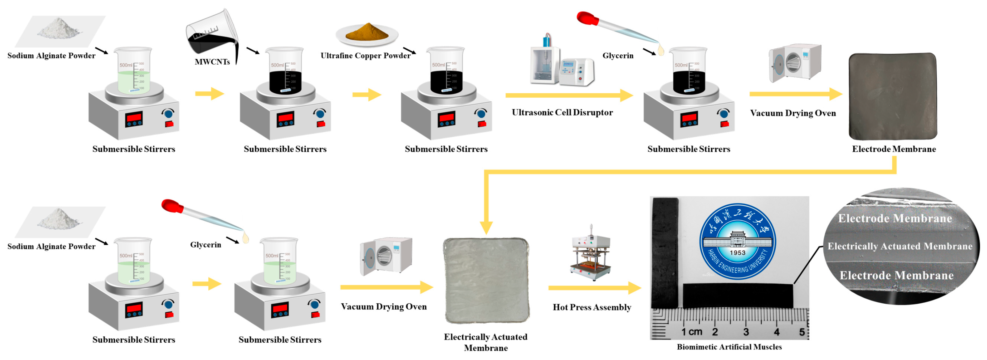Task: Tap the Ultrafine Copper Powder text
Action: [x=365, y=56]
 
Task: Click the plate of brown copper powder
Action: [x=367, y=34]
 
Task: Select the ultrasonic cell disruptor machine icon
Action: [x=561, y=63]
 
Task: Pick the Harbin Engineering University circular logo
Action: [x=738, y=241]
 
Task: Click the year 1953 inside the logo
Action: [x=738, y=253]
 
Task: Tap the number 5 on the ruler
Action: [x=802, y=332]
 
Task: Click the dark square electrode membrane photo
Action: [x=893, y=96]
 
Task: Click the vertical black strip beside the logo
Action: [x=665, y=253]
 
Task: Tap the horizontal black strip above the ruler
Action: [x=738, y=296]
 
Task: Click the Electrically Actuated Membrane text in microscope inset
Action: [x=900, y=246]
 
